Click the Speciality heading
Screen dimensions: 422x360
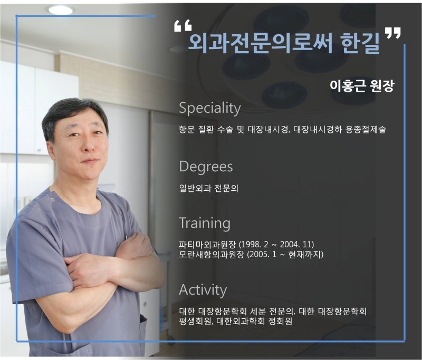click(209, 109)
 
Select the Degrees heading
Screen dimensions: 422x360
click(206, 167)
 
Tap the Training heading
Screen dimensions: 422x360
click(205, 223)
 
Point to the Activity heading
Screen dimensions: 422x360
click(203, 290)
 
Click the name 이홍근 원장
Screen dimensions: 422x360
click(362, 86)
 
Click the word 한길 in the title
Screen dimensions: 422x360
click(360, 43)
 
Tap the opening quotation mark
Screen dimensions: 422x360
click(183, 25)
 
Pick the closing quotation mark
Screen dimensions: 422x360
click(392, 33)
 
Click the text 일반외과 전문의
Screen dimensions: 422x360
click(208, 188)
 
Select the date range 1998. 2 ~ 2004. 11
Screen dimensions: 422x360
click(276, 245)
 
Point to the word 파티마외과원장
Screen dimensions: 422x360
click(207, 245)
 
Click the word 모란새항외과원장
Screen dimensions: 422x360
click(212, 255)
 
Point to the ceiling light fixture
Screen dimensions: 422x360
click(61, 10)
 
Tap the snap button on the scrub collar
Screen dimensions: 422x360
click(53, 199)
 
